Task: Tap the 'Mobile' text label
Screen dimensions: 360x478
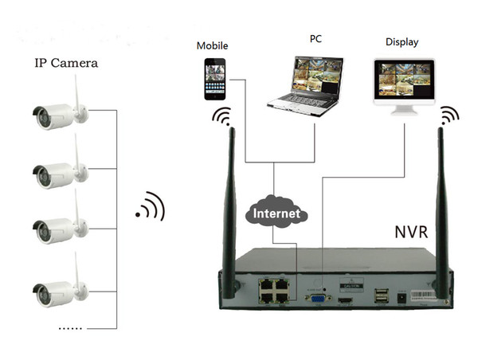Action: (x=212, y=45)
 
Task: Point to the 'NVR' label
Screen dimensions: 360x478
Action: (x=412, y=233)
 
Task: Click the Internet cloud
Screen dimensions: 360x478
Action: (x=276, y=213)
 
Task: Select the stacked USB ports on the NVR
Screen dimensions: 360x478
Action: (x=382, y=296)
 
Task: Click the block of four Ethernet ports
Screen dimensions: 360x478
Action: (x=274, y=290)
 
